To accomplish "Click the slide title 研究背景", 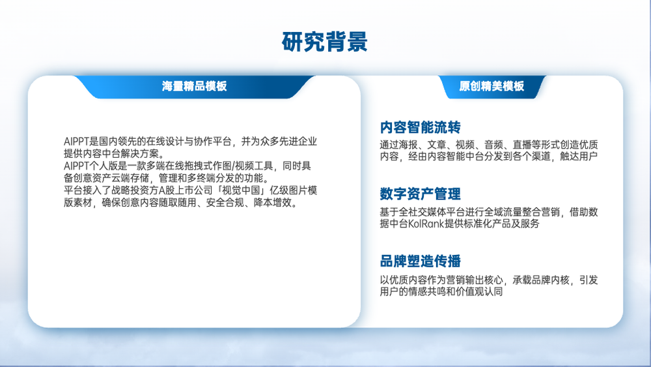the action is pos(325,42).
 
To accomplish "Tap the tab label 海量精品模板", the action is pos(194,86).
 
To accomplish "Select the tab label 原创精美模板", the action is pos(492,86).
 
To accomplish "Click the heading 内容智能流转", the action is pos(420,127).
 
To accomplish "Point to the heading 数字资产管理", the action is pos(420,194).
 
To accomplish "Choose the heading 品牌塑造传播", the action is pos(420,261).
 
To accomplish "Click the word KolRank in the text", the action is pos(426,224).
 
